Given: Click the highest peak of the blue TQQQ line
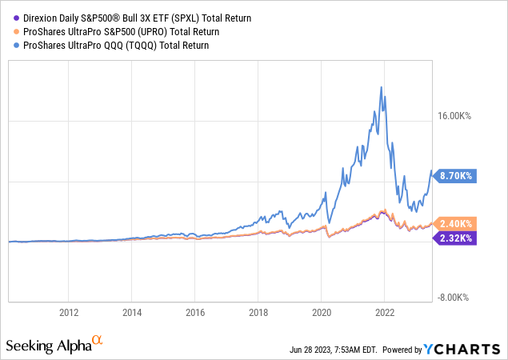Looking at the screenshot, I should point(378,86).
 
